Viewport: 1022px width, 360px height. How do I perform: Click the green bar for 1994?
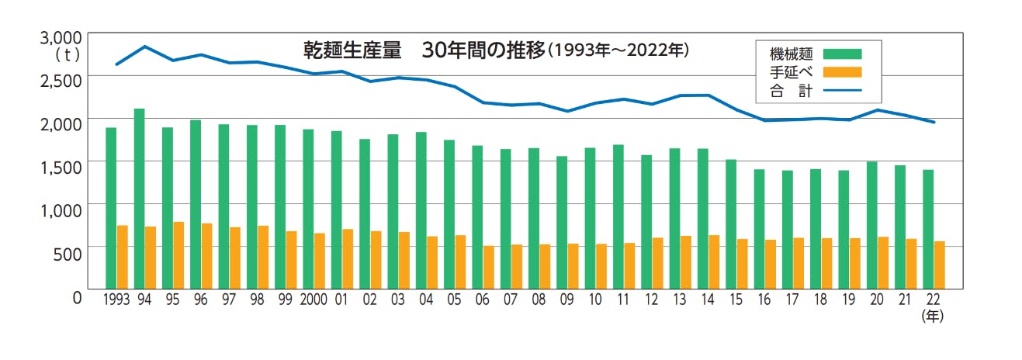140,198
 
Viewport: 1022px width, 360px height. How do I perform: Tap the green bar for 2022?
928,228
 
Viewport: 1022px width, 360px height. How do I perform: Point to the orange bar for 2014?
713,261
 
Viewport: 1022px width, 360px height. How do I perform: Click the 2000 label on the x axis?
313,299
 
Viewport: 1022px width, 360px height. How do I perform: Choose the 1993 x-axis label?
116,299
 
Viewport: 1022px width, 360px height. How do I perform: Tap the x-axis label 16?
764,299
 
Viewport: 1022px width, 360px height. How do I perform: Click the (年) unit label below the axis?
932,316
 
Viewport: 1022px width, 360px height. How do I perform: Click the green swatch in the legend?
842,54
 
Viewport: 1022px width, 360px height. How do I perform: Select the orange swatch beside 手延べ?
842,72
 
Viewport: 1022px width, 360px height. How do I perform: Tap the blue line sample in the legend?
842,91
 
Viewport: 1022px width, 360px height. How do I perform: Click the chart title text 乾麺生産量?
352,50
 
